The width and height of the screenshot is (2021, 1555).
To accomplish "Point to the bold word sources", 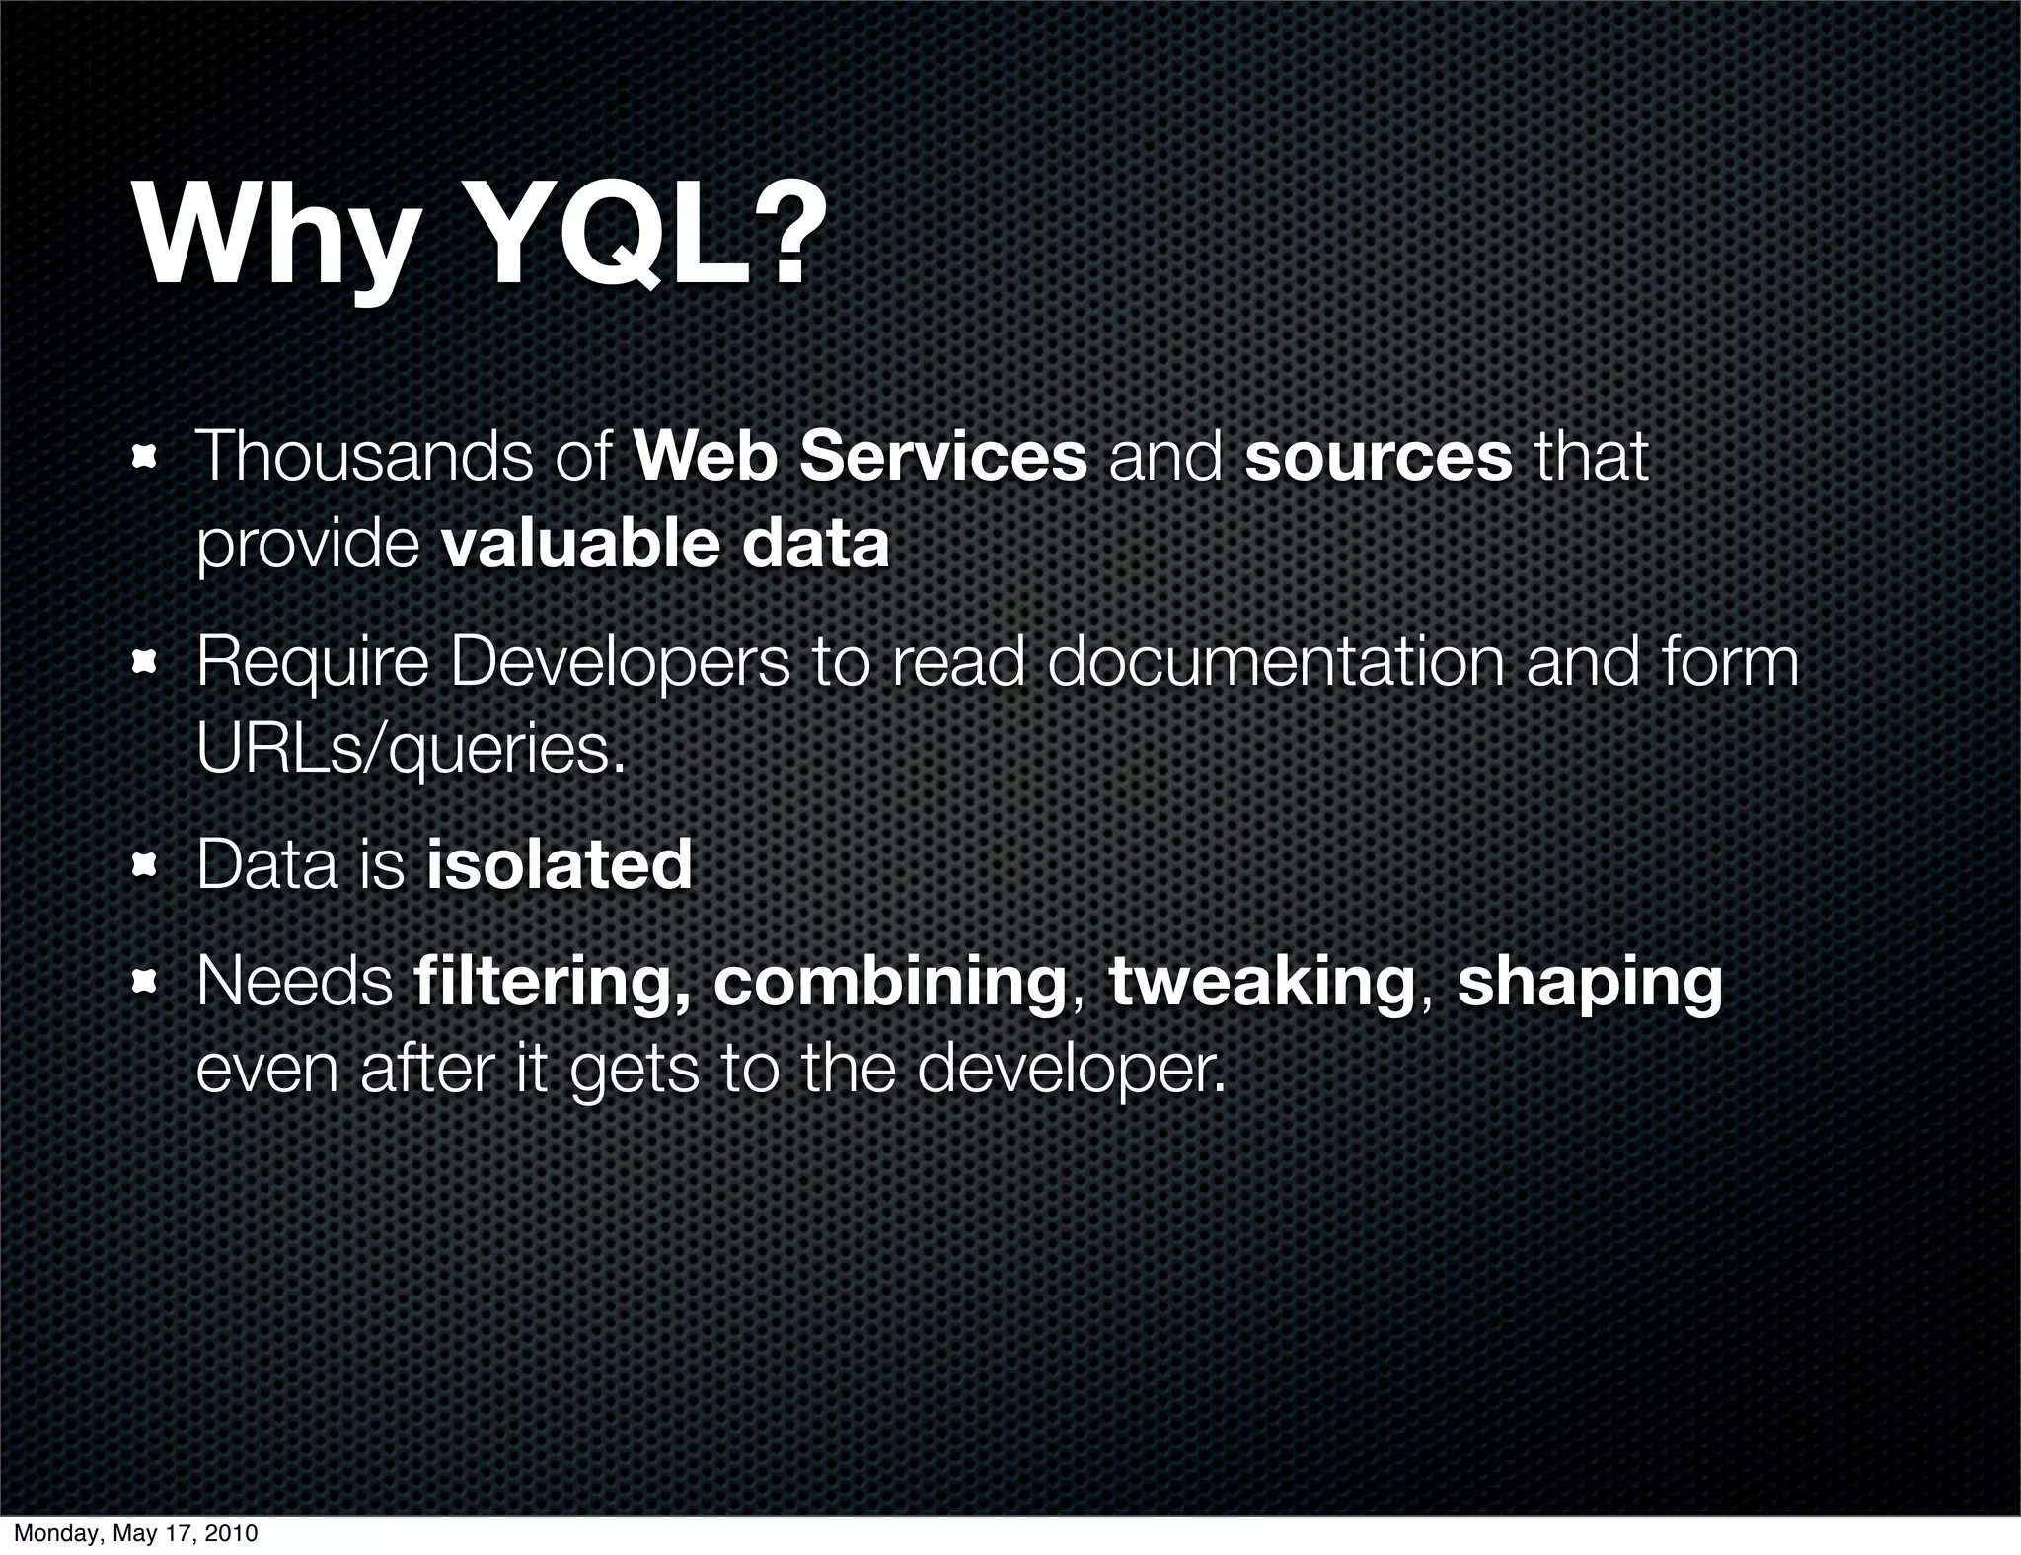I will [x=1378, y=457].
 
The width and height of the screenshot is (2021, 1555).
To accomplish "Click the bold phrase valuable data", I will [x=666, y=545].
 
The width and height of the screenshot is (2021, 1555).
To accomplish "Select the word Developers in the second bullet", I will [x=621, y=663].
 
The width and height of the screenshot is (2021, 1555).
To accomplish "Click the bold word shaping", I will [x=1590, y=983].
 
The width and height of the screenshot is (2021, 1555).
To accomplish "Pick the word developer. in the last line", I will [x=1071, y=1070].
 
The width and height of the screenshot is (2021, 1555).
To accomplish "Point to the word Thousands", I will [x=364, y=457].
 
